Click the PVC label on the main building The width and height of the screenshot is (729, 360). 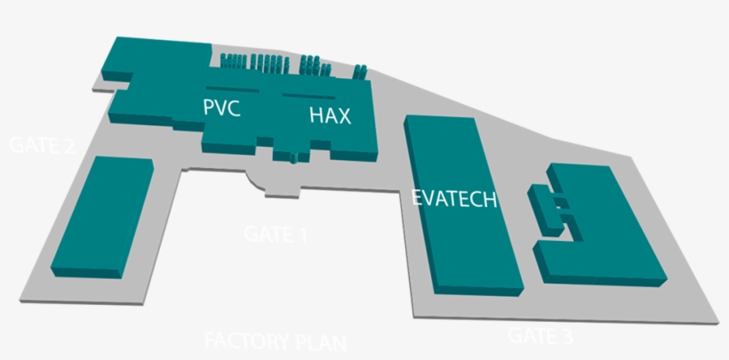tap(221, 108)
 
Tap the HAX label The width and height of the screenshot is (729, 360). tap(331, 115)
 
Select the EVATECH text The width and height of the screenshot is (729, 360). tap(453, 198)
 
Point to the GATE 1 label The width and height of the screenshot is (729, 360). tap(275, 235)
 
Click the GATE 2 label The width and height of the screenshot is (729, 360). tap(41, 146)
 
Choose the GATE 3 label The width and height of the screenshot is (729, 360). tap(540, 336)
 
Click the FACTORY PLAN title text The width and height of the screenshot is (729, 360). tap(275, 341)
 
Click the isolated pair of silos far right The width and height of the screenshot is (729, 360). tap(361, 71)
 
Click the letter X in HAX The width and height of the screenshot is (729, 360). tap(343, 115)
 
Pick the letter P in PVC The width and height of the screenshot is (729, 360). tap(209, 108)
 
